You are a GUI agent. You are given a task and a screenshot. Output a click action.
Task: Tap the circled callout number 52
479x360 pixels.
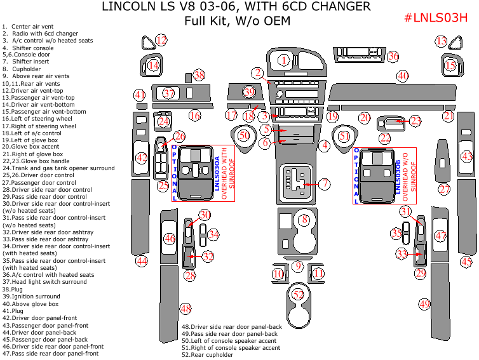pos(299,294)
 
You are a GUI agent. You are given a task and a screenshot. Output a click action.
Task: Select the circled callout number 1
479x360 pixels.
pos(283,60)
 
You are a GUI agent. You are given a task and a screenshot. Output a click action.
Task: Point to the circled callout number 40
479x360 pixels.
pos(402,76)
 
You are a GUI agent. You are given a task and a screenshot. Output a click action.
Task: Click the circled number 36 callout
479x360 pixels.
pos(393,57)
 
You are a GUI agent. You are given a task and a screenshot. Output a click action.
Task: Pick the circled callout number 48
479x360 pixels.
pos(186,309)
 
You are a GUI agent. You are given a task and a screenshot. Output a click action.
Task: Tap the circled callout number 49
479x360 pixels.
pos(424,303)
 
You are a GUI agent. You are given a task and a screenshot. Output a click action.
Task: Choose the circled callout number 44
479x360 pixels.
pos(141,260)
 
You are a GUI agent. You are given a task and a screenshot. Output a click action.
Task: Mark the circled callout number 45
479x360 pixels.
pos(466,261)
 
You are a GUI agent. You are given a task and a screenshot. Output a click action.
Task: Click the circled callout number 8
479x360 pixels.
pos(304,220)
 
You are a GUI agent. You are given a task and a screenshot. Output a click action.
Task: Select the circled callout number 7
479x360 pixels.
pos(325,184)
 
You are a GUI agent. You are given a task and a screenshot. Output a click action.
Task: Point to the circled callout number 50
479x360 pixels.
pos(244,135)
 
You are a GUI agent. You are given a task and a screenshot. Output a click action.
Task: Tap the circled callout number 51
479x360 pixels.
pos(344,136)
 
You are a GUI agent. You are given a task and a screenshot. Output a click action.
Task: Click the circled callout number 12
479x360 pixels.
pos(161,41)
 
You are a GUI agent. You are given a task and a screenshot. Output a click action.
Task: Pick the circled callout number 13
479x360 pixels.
pos(441,41)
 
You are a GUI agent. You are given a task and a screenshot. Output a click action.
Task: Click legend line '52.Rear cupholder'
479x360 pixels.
pos(207,354)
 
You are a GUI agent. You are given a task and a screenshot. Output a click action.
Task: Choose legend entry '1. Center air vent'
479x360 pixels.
pos(29,26)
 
